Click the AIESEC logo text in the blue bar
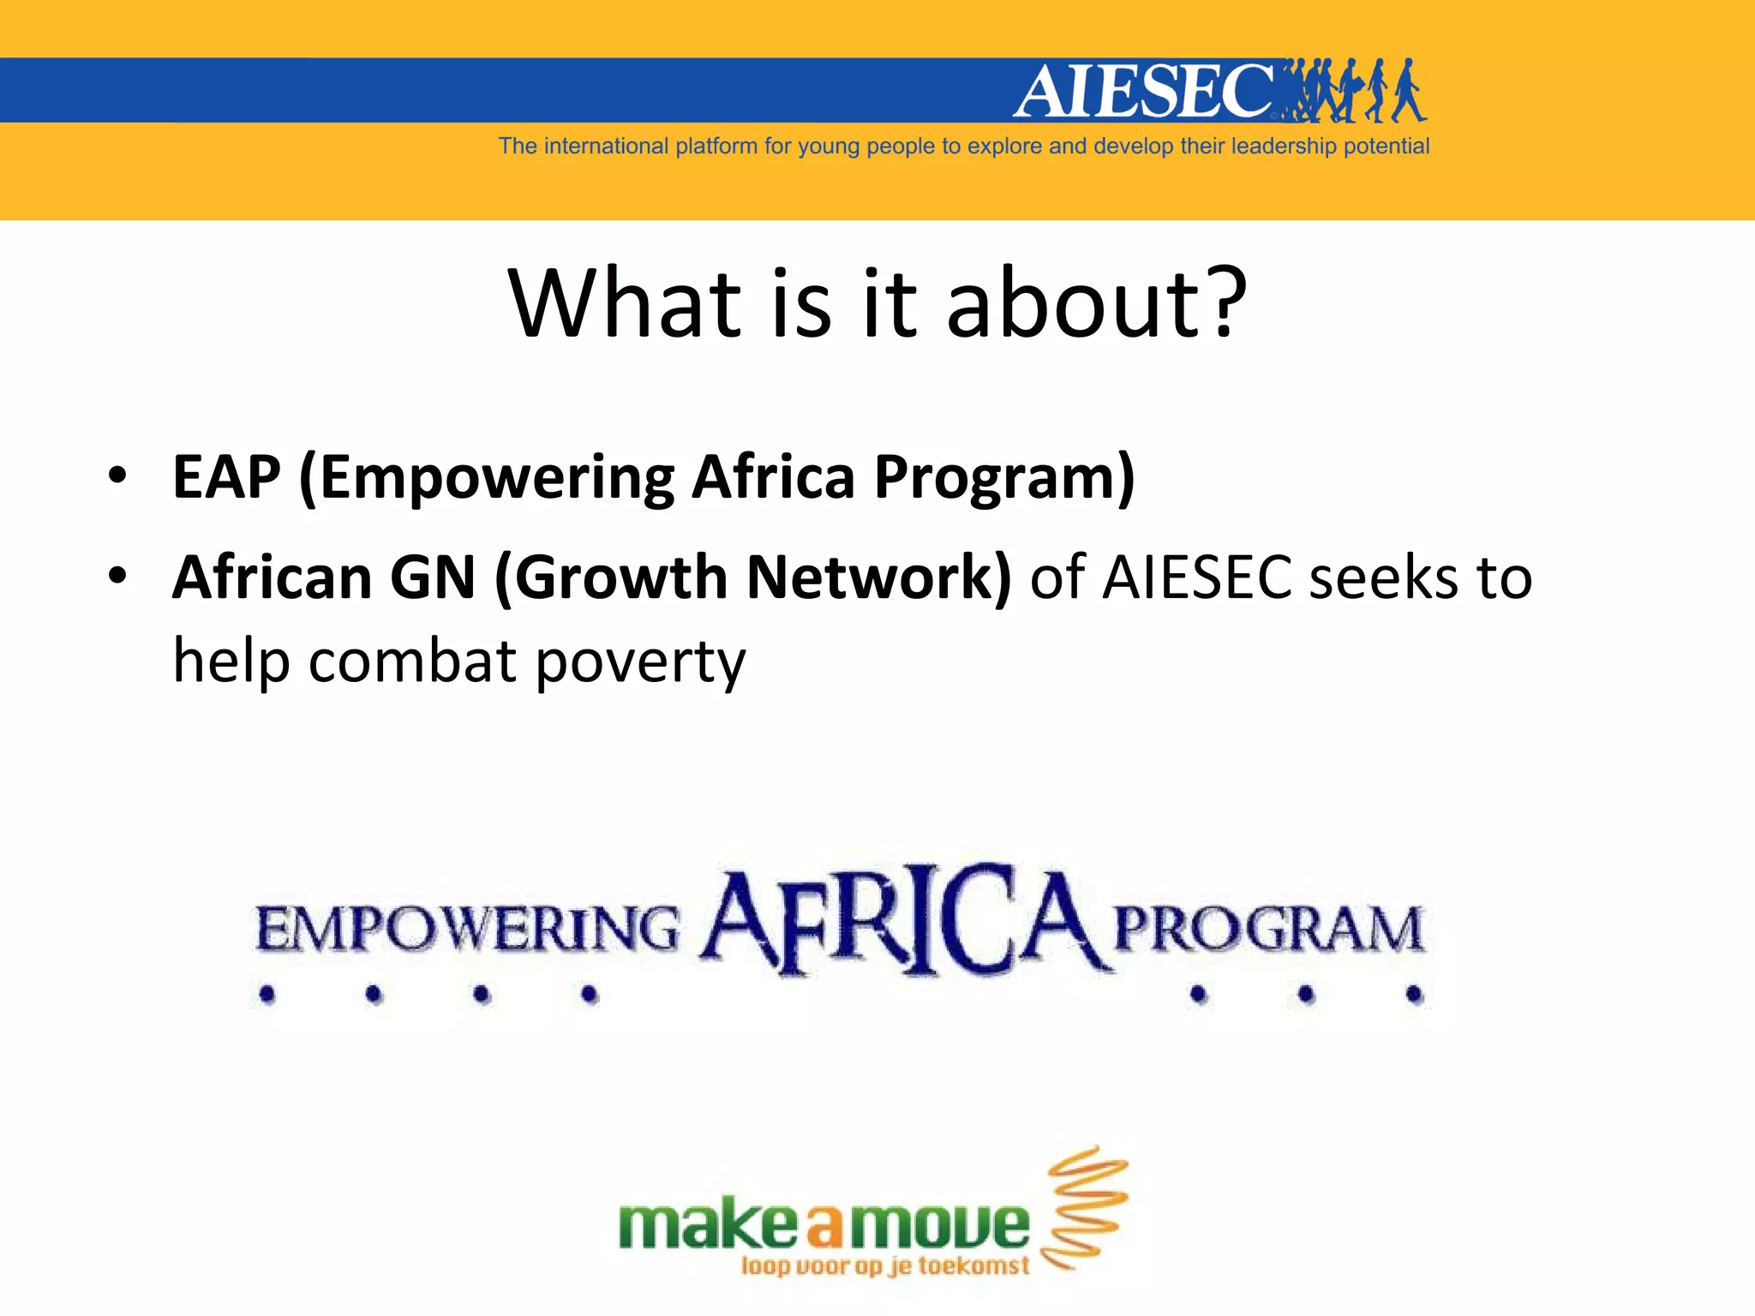(1144, 91)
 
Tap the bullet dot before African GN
(117, 575)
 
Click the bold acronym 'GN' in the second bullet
(433, 577)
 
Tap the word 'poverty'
(640, 662)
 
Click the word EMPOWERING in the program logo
(467, 930)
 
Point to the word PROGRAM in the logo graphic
(1268, 930)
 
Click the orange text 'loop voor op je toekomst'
(884, 1266)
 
